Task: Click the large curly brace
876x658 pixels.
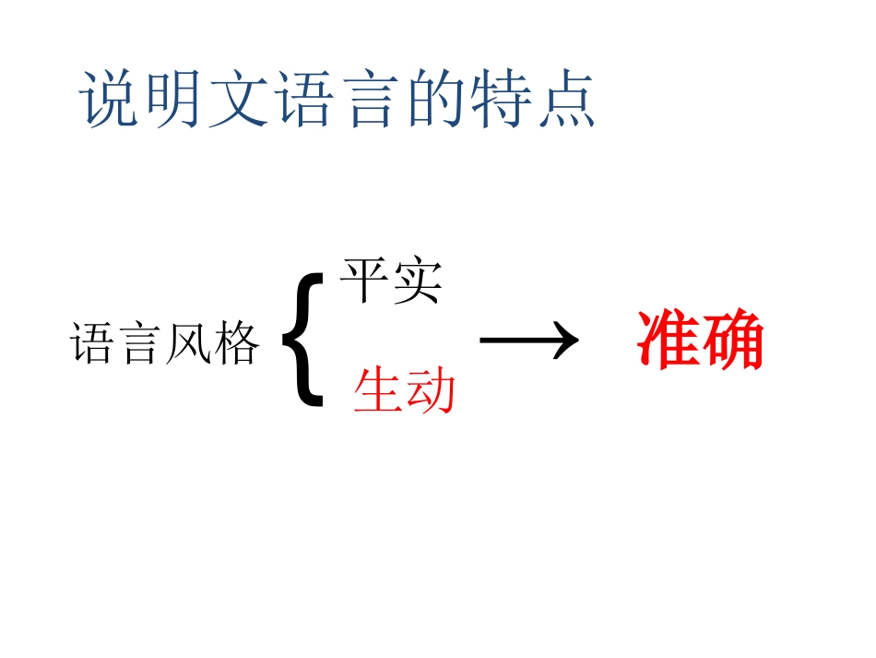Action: click(302, 341)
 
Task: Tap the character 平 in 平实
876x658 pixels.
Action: click(366, 281)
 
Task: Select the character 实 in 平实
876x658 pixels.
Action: click(418, 281)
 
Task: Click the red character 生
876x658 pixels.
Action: click(379, 391)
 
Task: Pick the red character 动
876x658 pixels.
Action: click(431, 391)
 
